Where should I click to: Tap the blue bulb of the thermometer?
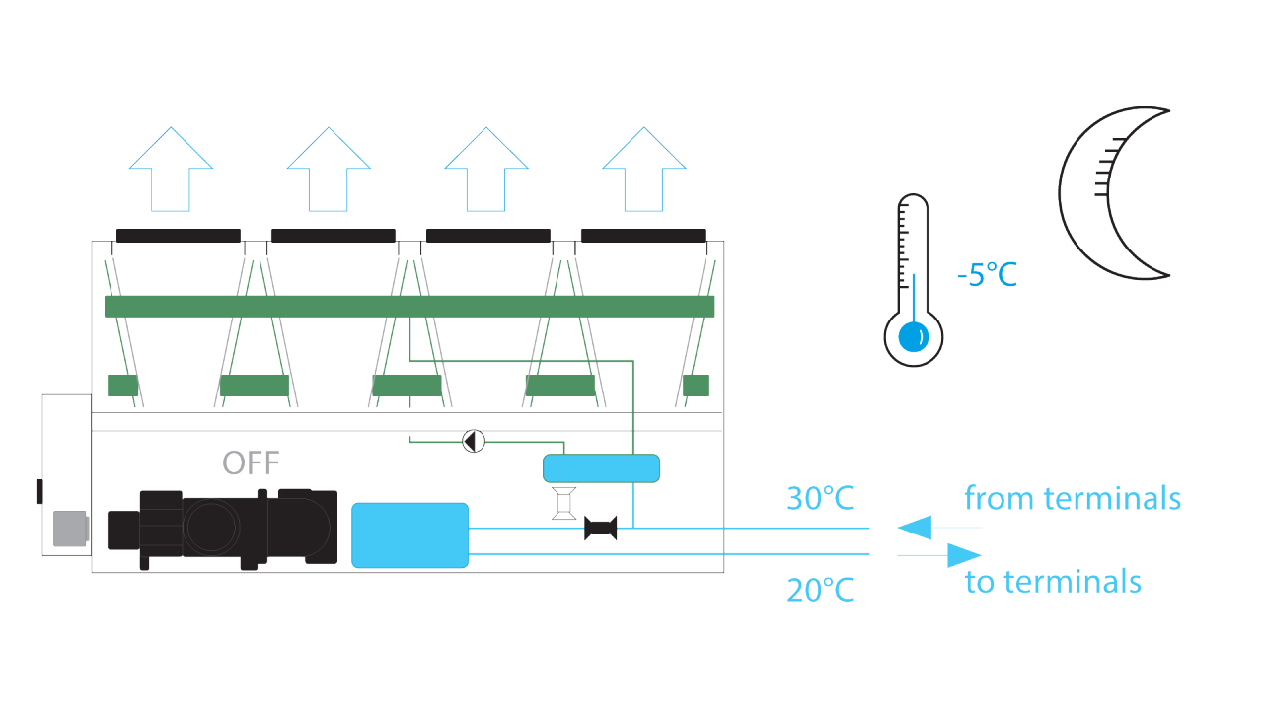tap(914, 337)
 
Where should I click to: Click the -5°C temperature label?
tap(987, 274)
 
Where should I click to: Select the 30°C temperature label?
tap(820, 498)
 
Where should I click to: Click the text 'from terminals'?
tap(1072, 498)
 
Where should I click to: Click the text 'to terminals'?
tap(1053, 582)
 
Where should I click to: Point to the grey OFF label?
tap(251, 461)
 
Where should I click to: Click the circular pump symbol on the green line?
tap(474, 440)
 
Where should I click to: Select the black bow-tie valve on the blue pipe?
tap(601, 529)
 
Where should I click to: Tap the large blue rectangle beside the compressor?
tap(409, 534)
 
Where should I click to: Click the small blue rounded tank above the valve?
tap(601, 467)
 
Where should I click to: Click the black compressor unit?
tap(223, 529)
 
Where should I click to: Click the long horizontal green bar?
tap(409, 306)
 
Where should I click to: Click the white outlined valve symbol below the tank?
tap(564, 503)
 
